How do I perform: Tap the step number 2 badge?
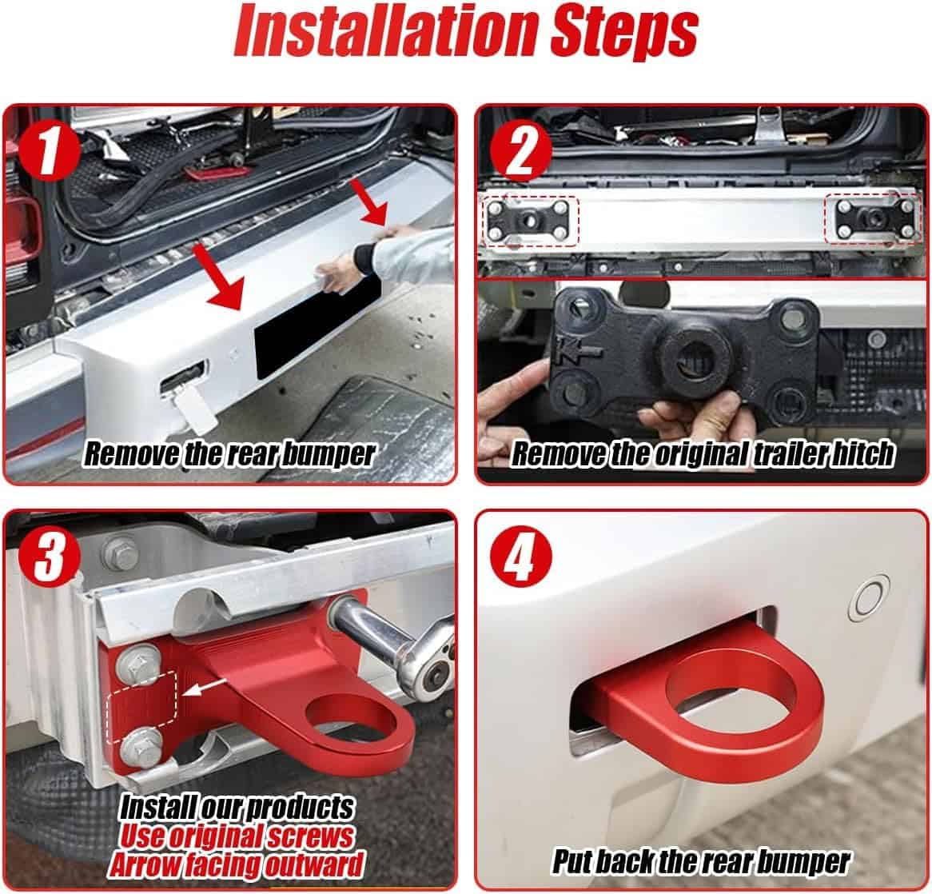[x=520, y=152]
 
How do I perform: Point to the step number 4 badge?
[x=520, y=558]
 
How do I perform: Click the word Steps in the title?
[x=623, y=34]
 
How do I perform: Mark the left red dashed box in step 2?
[x=530, y=221]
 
